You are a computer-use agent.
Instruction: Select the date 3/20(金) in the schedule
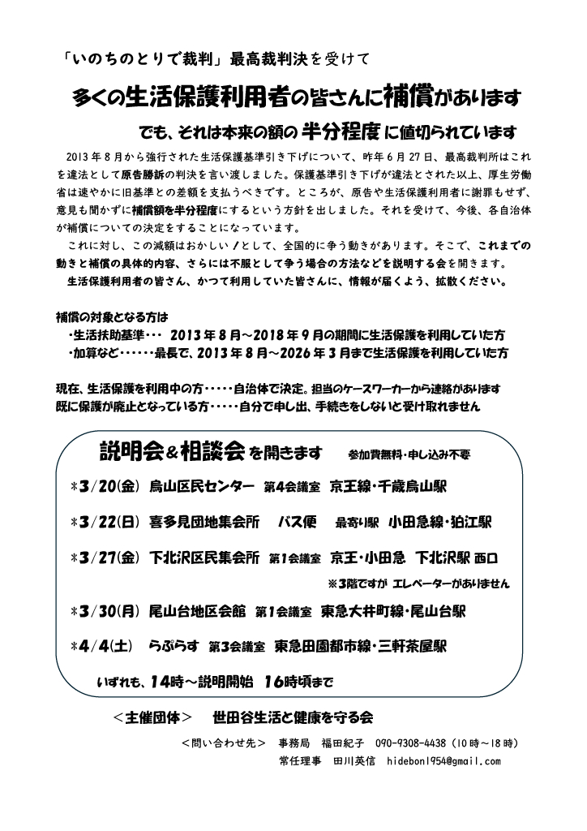[106, 487]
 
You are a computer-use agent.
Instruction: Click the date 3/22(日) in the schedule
[106, 521]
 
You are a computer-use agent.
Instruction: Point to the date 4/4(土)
[103, 647]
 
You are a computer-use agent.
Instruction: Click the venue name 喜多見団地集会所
[207, 521]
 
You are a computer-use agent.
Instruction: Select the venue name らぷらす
[173, 647]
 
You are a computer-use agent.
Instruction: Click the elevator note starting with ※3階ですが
[418, 582]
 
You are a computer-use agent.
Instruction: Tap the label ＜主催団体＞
[153, 718]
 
